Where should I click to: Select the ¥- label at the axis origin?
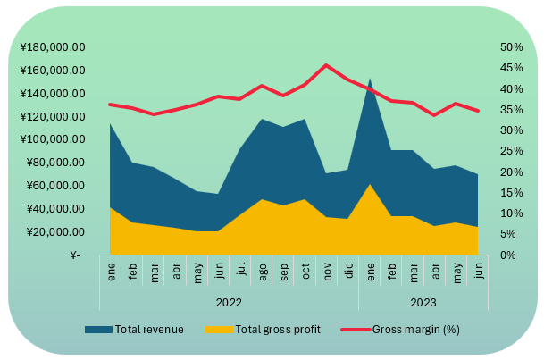[75, 255]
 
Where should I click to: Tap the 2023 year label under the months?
[423, 301]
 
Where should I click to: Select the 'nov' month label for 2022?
[326, 272]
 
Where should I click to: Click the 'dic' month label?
[347, 272]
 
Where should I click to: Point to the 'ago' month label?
[262, 272]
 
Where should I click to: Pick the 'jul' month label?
[240, 272]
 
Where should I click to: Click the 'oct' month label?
[305, 272]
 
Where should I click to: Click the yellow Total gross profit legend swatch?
[218, 330]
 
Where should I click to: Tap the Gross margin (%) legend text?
[415, 330]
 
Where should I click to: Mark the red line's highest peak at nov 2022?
[326, 65]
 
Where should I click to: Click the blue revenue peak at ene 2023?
[369, 79]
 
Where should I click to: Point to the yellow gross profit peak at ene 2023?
[369, 184]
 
